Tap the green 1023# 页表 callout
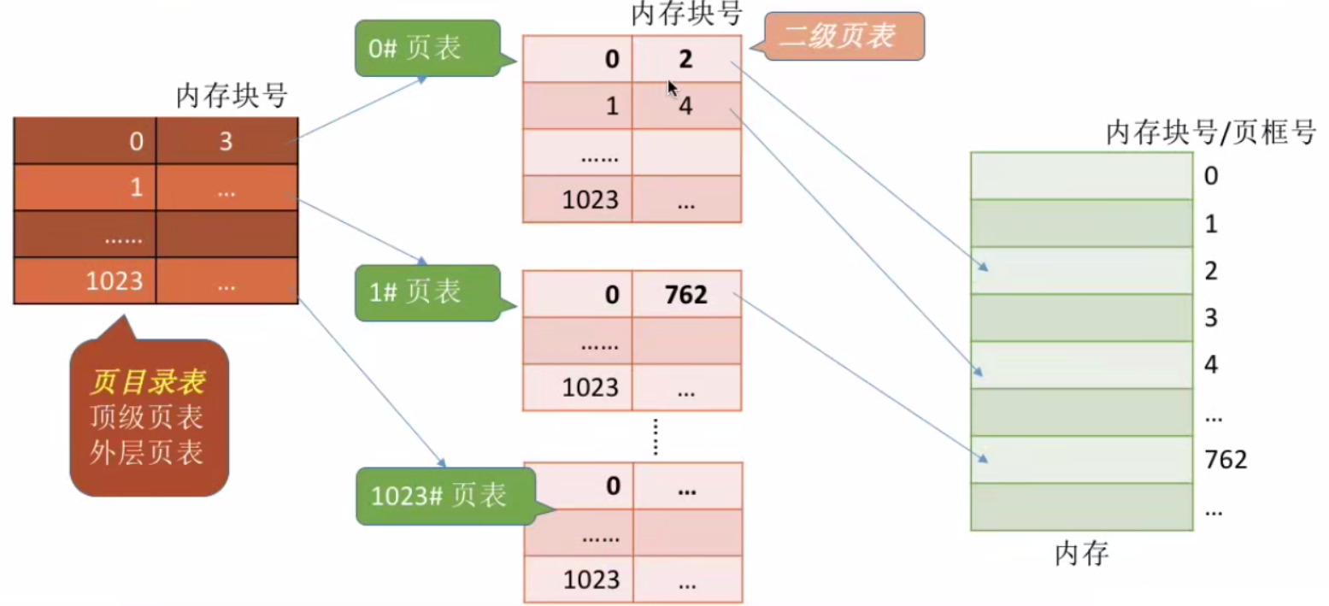tap(440, 496)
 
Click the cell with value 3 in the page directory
tap(226, 141)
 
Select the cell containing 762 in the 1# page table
tap(686, 295)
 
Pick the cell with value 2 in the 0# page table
tap(686, 59)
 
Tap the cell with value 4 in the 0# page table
tap(686, 106)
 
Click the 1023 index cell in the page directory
tap(85, 280)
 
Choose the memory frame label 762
tap(1226, 460)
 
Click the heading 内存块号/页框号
tap(1210, 132)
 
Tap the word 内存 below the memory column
tap(1081, 554)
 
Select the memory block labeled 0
tap(1081, 176)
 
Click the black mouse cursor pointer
tap(673, 87)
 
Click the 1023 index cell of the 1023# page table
tap(578, 580)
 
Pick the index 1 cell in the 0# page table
tap(578, 106)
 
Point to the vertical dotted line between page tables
tap(656, 437)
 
